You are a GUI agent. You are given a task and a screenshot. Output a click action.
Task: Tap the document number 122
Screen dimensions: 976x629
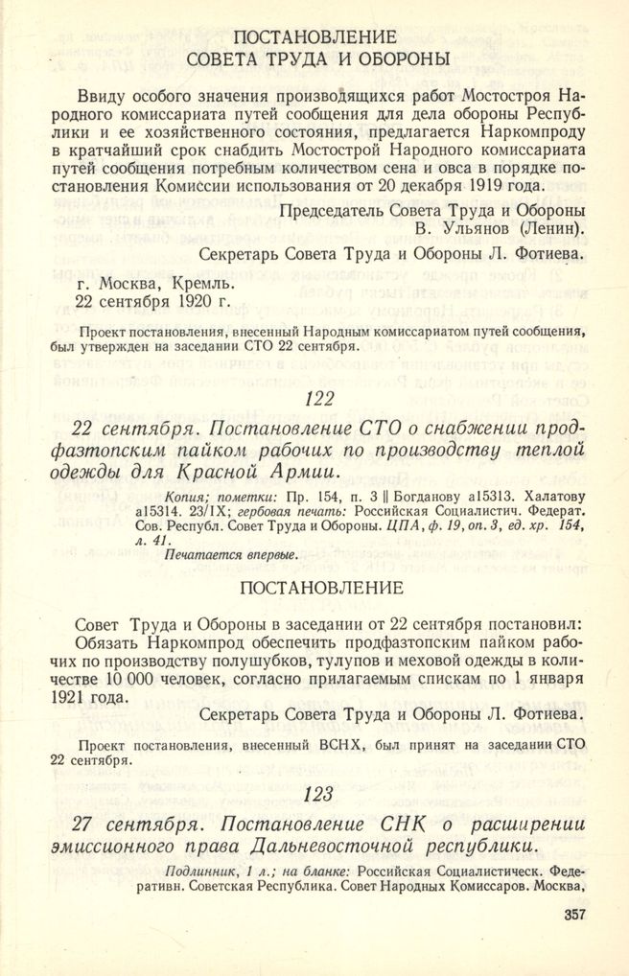click(315, 397)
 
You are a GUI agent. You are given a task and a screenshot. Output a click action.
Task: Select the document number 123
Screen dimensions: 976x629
click(315, 793)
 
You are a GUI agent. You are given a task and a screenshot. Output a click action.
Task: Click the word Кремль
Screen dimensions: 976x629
click(197, 282)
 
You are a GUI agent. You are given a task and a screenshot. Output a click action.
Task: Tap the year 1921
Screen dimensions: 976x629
click(99, 697)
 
